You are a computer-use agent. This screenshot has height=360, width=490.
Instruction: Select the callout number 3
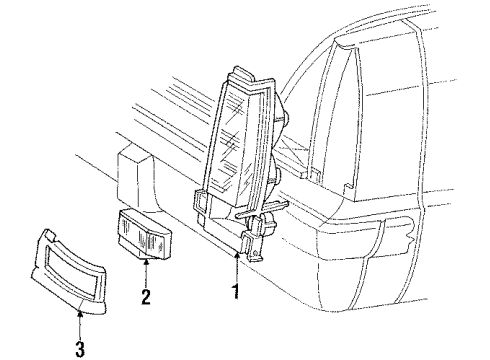[x=79, y=350]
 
